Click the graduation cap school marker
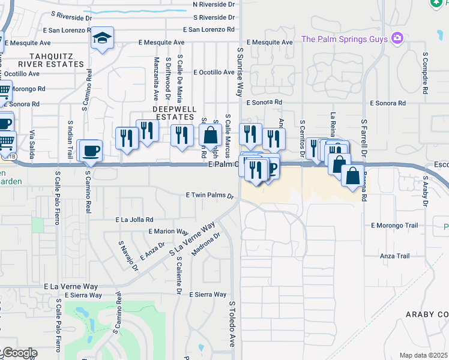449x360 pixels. click(103, 39)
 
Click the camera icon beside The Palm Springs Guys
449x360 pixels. click(396, 39)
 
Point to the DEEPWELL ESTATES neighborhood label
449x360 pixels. click(174, 113)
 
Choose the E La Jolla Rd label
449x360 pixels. click(134, 220)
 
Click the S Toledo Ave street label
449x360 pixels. click(231, 324)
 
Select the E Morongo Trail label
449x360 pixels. click(394, 226)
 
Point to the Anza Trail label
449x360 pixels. click(394, 256)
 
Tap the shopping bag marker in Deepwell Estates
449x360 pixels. click(211, 134)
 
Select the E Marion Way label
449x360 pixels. click(169, 231)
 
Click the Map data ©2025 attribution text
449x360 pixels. click(424, 355)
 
